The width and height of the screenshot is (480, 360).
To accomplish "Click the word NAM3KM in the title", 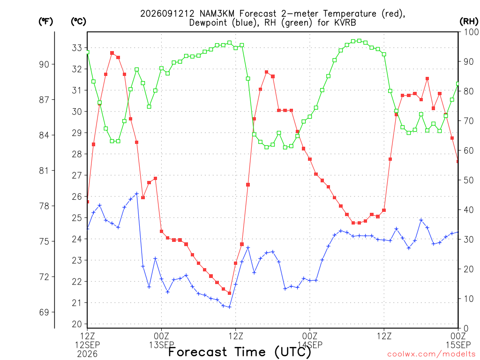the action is point(217,14).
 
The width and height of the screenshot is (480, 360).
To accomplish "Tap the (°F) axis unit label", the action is point(45,22).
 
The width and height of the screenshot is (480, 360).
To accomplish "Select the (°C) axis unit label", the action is point(78,22).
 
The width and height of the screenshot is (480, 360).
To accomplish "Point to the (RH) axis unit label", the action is point(469,22).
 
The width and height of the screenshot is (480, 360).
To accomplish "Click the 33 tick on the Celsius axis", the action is point(77,48).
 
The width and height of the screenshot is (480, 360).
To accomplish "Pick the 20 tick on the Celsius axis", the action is point(77,324).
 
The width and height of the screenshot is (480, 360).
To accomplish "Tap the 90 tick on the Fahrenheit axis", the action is point(44,64).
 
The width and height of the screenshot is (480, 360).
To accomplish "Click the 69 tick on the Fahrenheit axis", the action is point(44,312).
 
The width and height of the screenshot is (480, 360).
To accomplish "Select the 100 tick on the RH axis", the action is point(471,32).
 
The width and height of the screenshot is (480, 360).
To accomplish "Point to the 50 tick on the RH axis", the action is point(469,180).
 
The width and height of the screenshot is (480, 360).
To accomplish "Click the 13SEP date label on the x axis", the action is point(162,345).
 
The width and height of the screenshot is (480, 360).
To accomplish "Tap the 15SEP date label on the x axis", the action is point(458,345).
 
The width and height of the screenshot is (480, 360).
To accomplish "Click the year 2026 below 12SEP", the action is point(87,354).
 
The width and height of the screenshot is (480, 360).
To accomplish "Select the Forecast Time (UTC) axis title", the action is point(240,352).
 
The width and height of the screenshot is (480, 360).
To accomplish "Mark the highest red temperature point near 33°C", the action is point(112,53).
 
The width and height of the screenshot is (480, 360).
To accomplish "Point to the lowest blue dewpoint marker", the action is point(230,307).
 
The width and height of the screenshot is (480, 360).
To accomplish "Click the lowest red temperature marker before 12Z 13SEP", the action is point(230,293).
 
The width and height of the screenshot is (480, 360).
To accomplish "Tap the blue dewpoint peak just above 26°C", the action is point(137,194).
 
